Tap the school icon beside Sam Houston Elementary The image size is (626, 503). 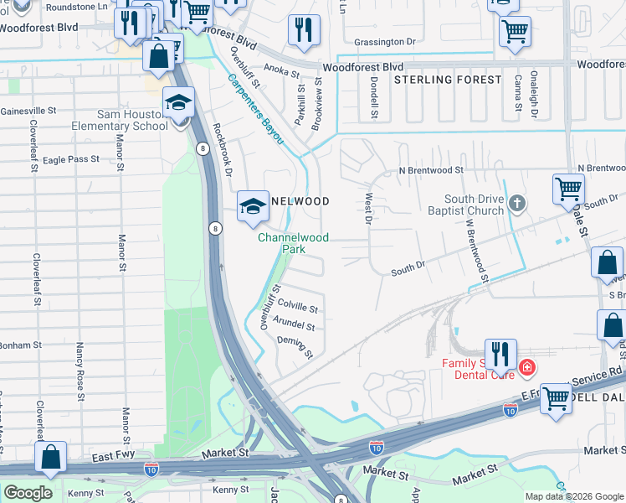coord(178,103)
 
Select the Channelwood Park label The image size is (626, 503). coord(293,244)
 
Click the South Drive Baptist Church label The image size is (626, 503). coord(475,205)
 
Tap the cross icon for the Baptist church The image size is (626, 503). coord(518,203)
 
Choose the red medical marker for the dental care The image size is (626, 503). coord(526,366)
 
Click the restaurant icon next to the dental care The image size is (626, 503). coord(500,355)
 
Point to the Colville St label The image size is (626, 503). coord(298,309)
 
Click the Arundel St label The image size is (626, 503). coord(294,327)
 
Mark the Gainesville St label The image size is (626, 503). coord(28,110)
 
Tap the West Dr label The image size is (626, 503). coord(367,210)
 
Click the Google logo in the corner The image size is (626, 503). coord(28,493)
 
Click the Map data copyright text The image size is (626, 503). coord(573,496)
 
